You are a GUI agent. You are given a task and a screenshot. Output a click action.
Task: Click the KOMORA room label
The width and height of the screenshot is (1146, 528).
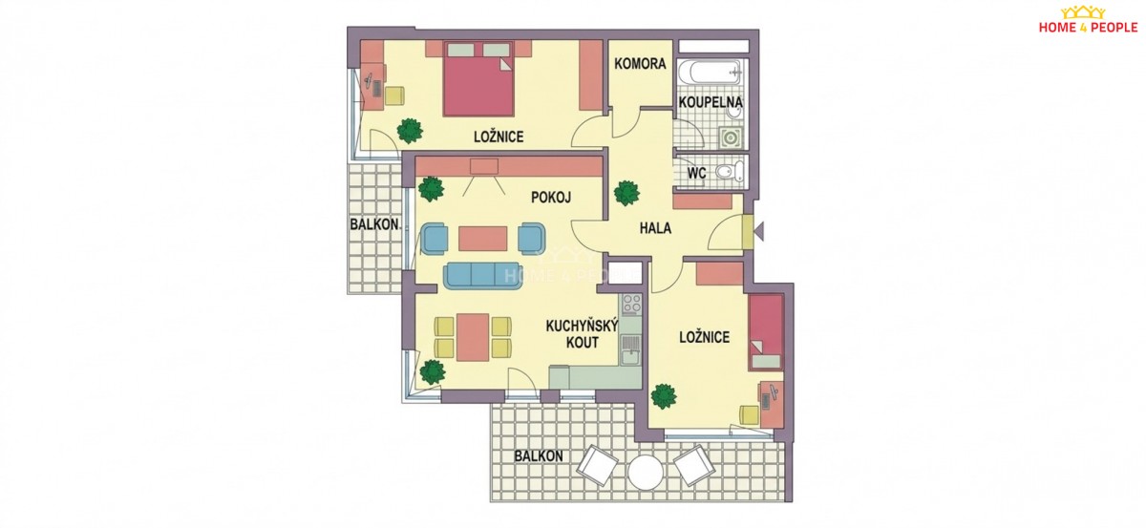pos(640,64)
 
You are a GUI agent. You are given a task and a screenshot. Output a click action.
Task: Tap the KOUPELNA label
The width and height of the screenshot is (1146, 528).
pos(711,102)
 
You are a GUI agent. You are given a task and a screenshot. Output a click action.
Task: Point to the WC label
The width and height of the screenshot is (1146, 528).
pos(696,173)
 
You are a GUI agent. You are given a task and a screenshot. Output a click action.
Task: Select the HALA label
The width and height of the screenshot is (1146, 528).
pos(655,228)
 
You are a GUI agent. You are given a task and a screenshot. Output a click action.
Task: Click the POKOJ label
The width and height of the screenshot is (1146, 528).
pos(550,197)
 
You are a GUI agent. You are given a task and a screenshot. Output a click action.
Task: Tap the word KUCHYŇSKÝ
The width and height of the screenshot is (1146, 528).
pos(583,326)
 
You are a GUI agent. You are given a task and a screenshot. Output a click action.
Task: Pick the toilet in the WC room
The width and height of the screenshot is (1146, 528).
pos(730,172)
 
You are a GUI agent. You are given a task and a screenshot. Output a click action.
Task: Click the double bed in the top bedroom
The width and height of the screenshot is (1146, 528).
pos(478,79)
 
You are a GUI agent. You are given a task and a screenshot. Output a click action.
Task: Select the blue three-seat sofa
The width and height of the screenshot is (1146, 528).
pos(482,276)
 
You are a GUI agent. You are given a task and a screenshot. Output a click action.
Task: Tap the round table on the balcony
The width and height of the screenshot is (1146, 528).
pos(646,472)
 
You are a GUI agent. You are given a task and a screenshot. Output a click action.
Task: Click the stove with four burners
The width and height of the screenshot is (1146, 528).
pos(630,304)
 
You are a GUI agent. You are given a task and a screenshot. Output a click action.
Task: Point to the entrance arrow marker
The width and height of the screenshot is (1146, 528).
pos(759,231)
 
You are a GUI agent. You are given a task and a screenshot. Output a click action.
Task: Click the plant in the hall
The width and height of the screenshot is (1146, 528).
pos(626,194)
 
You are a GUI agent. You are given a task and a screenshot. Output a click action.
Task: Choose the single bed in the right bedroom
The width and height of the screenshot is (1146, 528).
pos(766,332)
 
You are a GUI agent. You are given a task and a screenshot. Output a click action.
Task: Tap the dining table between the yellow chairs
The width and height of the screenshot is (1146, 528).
pos(473,337)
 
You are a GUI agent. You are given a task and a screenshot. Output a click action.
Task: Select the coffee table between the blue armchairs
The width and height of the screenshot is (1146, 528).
pos(482,239)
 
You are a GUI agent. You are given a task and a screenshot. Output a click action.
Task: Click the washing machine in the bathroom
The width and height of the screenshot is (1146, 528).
pos(730,137)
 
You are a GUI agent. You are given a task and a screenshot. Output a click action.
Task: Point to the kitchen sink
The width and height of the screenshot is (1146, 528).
pos(630,349)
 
